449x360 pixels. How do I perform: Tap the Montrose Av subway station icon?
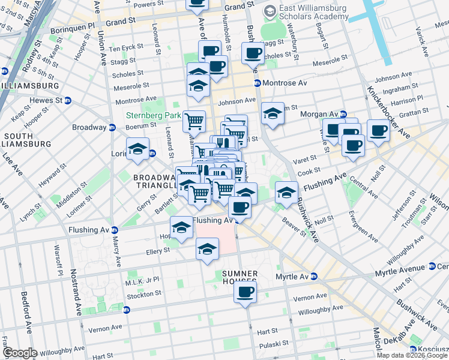click(258, 83)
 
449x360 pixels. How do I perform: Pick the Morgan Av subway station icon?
click(343, 114)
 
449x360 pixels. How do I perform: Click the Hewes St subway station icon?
click(68, 100)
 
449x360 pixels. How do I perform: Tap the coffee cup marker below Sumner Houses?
click(245, 292)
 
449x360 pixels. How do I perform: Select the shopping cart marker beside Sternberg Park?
click(194, 121)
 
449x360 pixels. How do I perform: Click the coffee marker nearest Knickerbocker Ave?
click(378, 130)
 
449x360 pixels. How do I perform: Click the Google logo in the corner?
click(19, 352)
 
